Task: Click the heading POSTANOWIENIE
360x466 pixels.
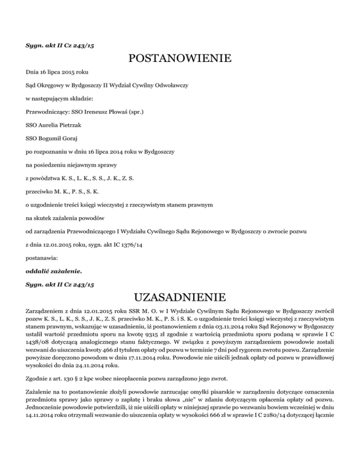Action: pyautogui.click(x=180, y=59)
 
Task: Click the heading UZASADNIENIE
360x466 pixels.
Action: pyautogui.click(x=180, y=297)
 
